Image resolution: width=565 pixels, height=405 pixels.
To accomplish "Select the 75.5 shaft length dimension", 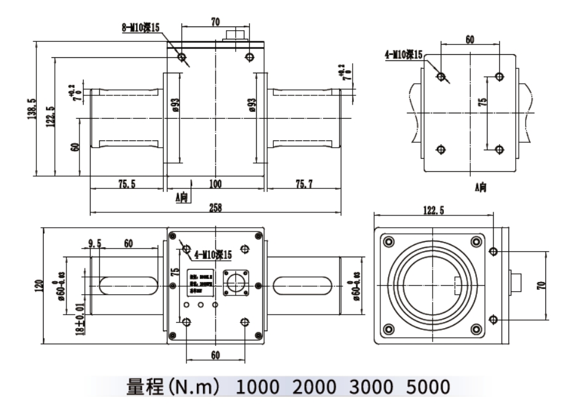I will coord(126,183).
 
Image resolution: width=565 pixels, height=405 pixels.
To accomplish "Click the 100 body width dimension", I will coord(215,183).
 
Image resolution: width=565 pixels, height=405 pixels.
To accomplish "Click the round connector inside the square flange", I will coord(236,284).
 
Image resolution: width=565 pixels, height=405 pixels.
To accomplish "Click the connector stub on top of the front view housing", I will coord(236,34).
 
